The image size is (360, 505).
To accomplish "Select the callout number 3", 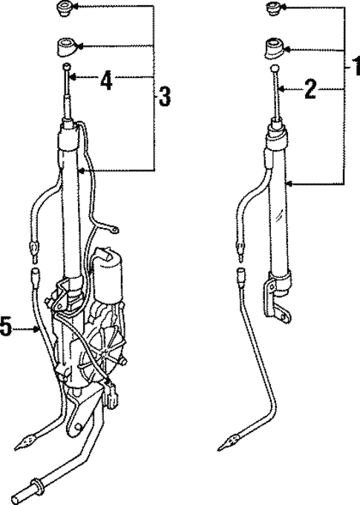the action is click(x=164, y=97).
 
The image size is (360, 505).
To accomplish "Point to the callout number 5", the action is click(x=6, y=328).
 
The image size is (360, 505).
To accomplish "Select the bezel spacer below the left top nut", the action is click(x=67, y=47).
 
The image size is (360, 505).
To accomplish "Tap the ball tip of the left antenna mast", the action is click(x=66, y=66).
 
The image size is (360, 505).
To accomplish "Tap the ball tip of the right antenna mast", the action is click(x=274, y=68).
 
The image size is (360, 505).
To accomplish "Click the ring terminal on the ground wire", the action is click(x=114, y=229).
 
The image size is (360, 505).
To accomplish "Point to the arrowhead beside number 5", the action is click(x=36, y=329).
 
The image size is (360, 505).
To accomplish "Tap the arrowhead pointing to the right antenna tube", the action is click(x=289, y=184).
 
